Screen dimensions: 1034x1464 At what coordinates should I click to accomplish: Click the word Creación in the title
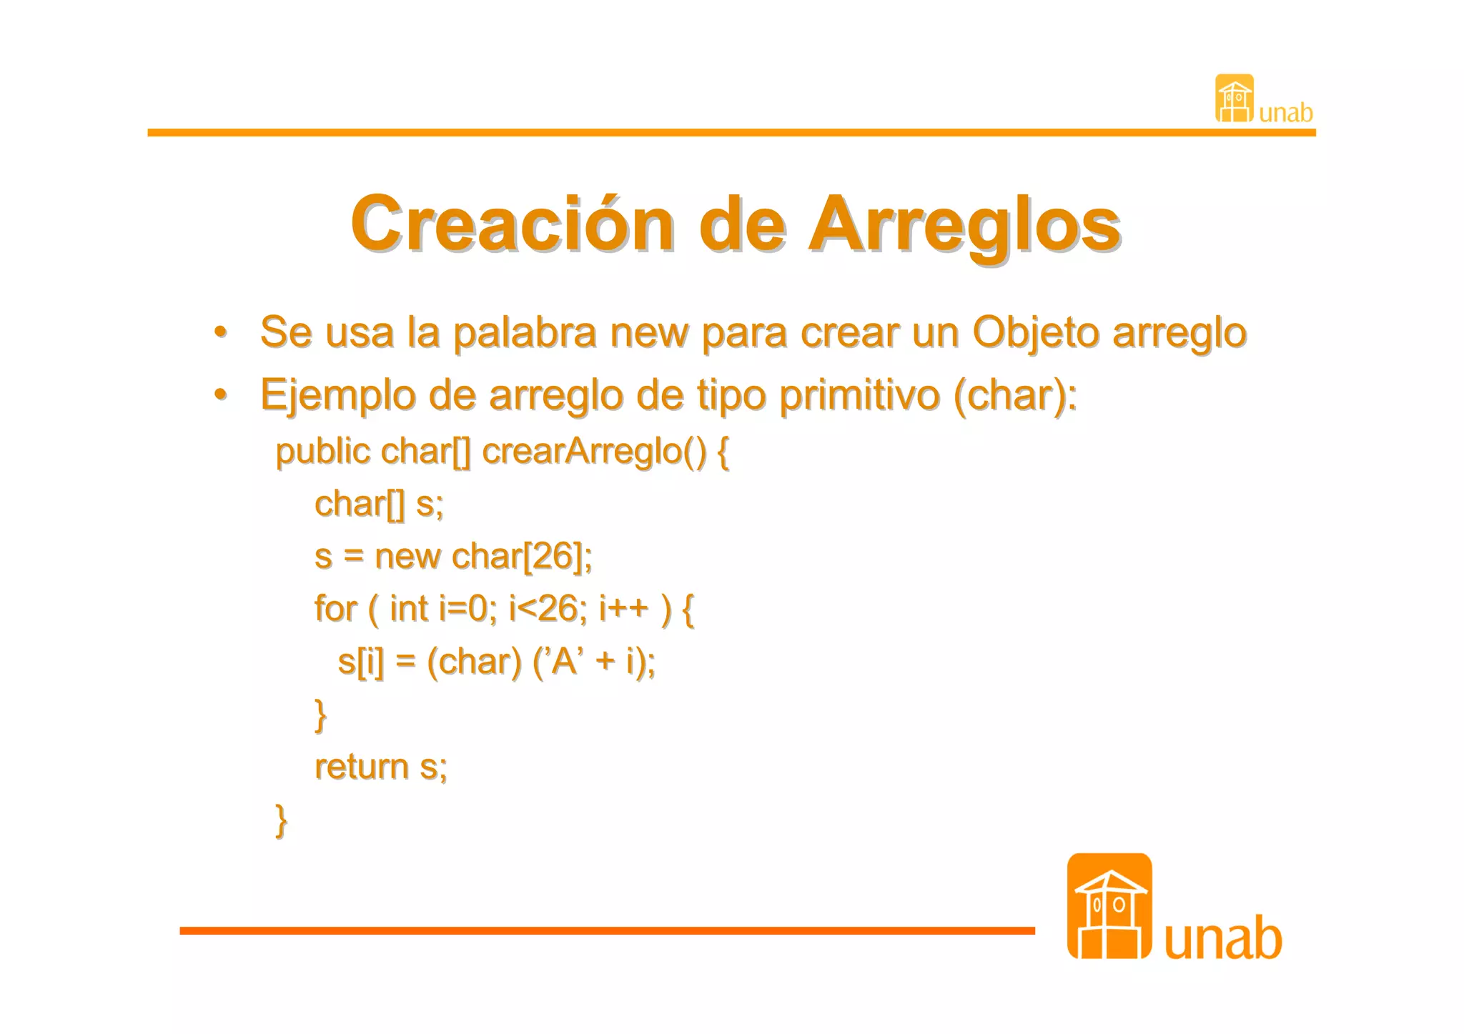pos(512,224)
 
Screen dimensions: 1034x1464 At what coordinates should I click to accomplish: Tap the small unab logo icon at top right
pos(1235,99)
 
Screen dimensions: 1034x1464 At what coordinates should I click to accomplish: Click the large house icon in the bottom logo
pos(1109,906)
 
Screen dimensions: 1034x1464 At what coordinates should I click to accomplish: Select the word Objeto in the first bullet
pos(1036,333)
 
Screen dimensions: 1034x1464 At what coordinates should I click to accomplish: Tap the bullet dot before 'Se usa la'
pos(221,332)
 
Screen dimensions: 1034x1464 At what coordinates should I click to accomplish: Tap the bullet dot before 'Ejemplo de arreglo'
pos(221,394)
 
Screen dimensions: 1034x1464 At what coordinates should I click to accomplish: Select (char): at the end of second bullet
pos(1015,395)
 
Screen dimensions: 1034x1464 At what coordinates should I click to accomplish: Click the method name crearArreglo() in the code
pos(595,452)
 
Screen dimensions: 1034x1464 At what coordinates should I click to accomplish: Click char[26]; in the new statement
pos(522,556)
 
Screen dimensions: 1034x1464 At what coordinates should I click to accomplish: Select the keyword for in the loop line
pos(335,609)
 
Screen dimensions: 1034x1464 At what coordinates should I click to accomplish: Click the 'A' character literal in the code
pos(564,661)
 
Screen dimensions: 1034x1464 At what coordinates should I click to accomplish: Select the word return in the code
pos(361,767)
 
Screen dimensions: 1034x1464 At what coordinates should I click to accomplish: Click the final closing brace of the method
pos(281,820)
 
